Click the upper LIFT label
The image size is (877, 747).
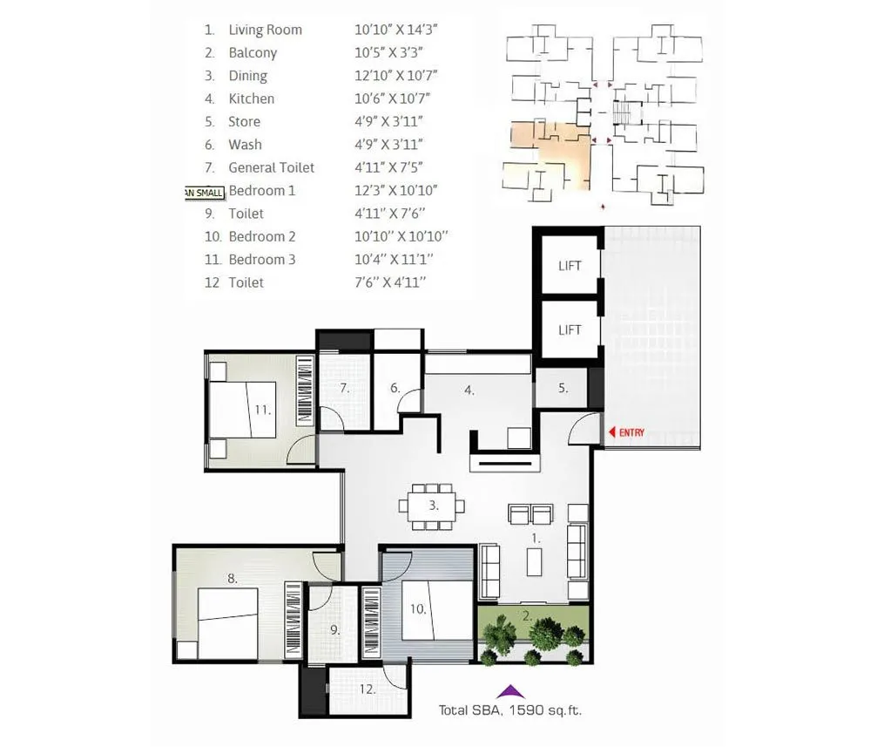pos(569,266)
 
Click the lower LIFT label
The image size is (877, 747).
pos(569,329)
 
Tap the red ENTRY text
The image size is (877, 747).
pos(631,431)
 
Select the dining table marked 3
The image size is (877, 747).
pos(432,506)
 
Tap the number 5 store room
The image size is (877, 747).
pos(563,389)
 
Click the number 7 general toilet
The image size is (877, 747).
pos(344,389)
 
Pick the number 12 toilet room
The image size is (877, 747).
pos(367,689)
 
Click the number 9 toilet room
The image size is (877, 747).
pos(334,628)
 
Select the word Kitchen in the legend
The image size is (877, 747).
pos(251,98)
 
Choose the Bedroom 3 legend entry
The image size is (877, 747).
pos(261,260)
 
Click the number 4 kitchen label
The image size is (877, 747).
pos(469,390)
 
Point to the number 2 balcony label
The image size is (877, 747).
pos(526,615)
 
